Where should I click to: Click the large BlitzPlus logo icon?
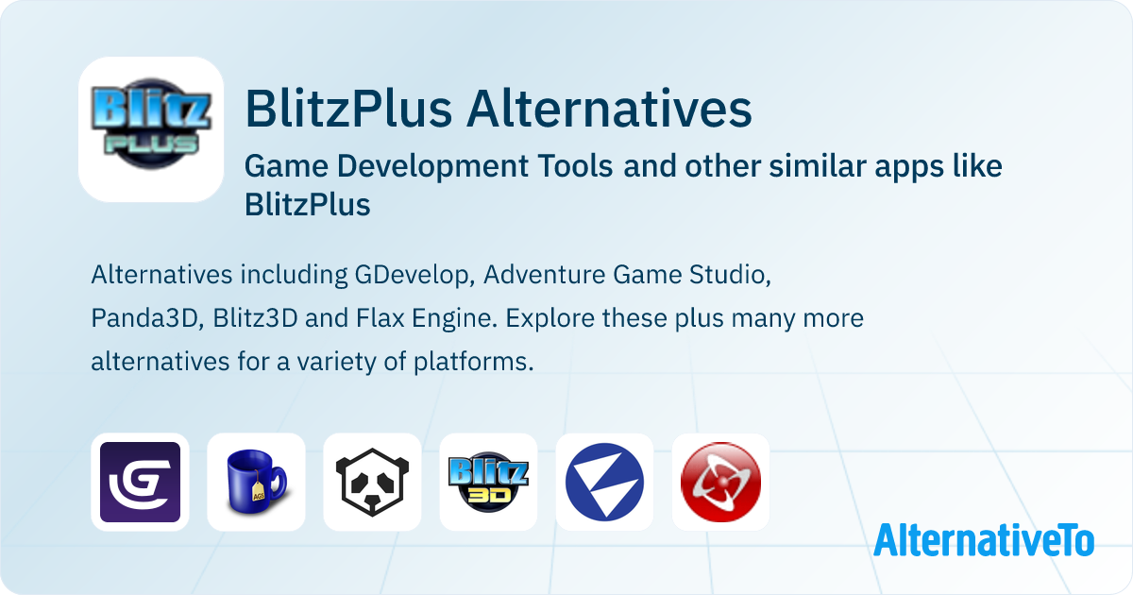[151, 129]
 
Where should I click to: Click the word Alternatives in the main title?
[609, 109]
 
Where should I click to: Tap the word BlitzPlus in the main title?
[348, 109]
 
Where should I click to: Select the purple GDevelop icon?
[140, 482]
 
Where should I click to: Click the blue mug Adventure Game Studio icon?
[257, 482]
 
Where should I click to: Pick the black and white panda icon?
[372, 482]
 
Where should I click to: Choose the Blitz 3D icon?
[489, 482]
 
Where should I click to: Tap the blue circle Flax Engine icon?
[604, 482]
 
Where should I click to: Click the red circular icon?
[720, 482]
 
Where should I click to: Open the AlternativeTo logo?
[984, 540]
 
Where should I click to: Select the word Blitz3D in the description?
[255, 318]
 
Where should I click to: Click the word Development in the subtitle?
[432, 166]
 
